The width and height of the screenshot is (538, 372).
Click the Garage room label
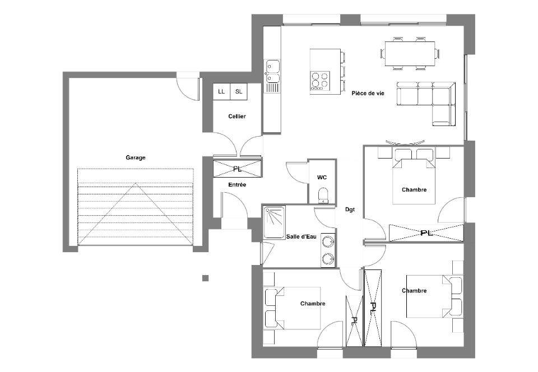136,158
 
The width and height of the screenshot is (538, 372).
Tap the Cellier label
237,117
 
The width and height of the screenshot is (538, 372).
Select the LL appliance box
221,91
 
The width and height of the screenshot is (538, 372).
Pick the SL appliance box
239,91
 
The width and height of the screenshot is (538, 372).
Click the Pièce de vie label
368,93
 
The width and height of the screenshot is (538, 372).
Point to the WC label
322,178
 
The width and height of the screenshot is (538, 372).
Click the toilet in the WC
323,195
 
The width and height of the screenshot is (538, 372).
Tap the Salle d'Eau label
302,236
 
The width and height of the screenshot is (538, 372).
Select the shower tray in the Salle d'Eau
274,222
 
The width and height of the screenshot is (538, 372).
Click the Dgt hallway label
350,210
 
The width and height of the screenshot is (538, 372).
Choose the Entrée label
237,185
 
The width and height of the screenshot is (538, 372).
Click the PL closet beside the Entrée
237,168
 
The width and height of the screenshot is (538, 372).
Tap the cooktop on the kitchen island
320,81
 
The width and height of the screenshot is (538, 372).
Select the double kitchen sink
273,71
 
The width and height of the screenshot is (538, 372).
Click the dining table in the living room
410,53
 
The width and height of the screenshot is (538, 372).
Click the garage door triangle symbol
136,214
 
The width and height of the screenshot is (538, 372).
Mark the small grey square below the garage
205,278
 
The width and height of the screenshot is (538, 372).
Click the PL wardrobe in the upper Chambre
426,233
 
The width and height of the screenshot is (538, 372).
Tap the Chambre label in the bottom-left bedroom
313,304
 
